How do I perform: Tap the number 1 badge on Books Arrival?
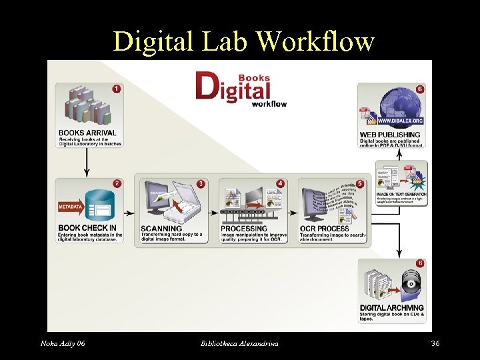tap(116, 89)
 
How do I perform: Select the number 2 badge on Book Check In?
tap(117, 183)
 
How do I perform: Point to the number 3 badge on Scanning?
tap(201, 183)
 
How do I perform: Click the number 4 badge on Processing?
tap(280, 183)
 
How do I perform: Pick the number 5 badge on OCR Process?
tap(360, 183)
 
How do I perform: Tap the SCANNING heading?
tap(161, 229)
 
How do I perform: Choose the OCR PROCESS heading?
tap(324, 229)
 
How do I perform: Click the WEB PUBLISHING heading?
tap(390, 135)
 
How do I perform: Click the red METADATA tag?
tap(69, 207)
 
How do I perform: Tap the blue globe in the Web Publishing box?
tap(399, 107)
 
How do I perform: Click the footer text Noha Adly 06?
tap(63, 343)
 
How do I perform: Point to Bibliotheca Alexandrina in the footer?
tap(239, 343)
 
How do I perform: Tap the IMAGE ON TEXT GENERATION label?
tap(401, 194)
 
